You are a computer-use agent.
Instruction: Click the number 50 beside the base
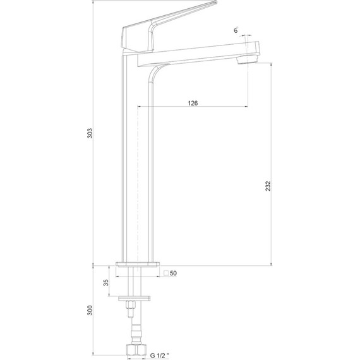[x=174, y=273]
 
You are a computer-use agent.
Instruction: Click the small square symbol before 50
[x=165, y=273]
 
